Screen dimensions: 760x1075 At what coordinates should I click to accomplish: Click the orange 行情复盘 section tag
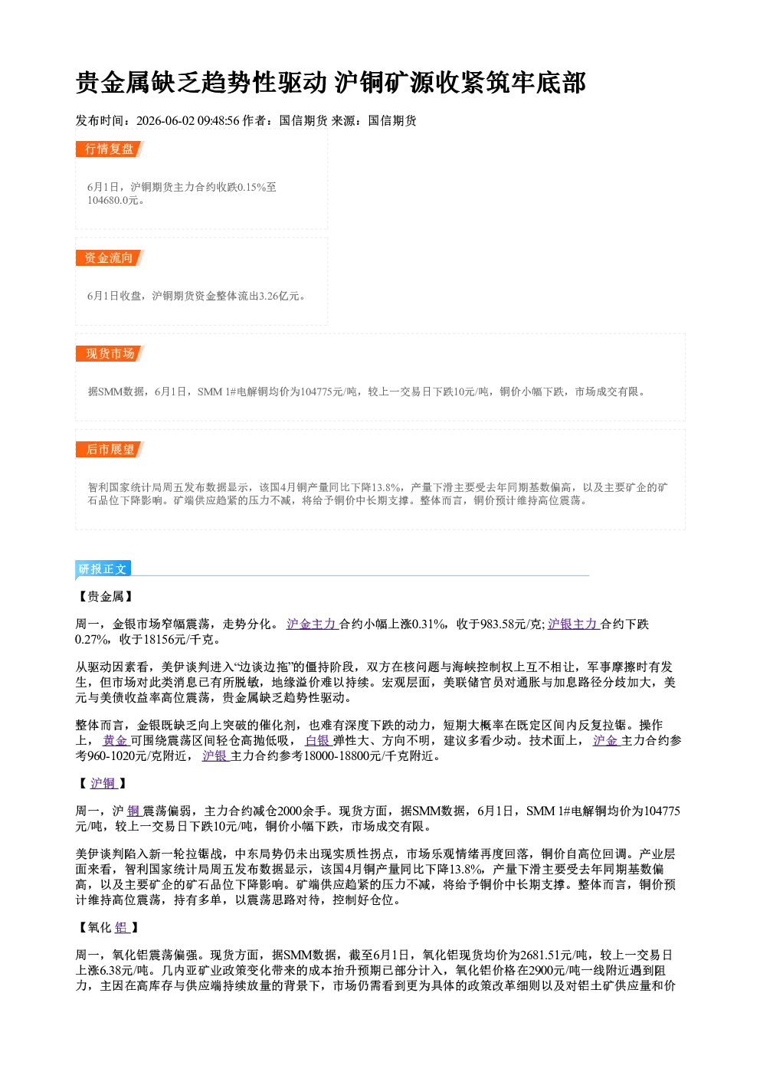[x=110, y=149]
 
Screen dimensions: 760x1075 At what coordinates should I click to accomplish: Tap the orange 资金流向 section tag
[x=110, y=257]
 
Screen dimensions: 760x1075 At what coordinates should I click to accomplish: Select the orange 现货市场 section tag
[x=110, y=354]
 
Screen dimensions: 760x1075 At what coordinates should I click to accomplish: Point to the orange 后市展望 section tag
[x=110, y=450]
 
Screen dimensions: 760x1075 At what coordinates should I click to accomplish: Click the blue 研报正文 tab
[x=103, y=569]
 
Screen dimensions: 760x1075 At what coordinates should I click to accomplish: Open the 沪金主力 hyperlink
[x=313, y=624]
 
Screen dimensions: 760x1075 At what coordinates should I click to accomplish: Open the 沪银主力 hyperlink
[x=573, y=624]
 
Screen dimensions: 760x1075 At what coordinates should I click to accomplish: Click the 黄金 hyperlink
[x=116, y=740]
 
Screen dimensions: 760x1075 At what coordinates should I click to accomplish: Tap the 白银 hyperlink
[x=318, y=740]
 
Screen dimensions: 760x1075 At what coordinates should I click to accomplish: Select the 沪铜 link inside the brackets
[x=103, y=783]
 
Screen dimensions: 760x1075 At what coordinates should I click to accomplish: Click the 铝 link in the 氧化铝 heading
[x=123, y=928]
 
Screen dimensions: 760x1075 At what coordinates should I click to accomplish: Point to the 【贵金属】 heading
[x=106, y=597]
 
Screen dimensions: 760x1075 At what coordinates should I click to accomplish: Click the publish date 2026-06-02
[x=165, y=120]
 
